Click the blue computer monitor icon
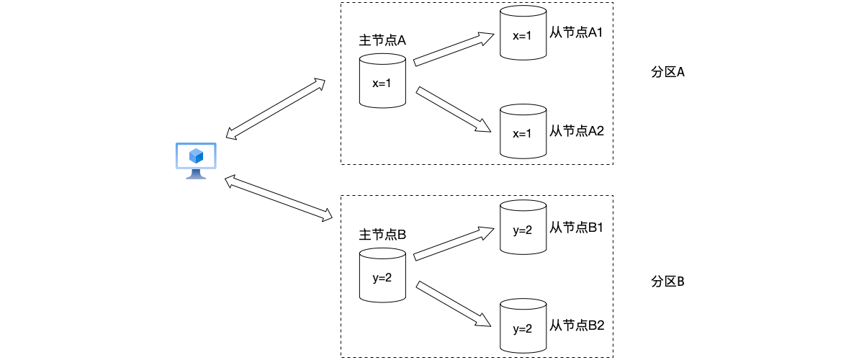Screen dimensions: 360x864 click(195, 160)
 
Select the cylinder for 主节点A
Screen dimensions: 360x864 click(382, 81)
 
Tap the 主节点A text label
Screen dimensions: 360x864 click(382, 40)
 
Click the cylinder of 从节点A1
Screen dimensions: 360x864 click(522, 34)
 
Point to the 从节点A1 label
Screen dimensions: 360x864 click(577, 34)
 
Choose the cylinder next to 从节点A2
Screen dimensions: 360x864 click(522, 131)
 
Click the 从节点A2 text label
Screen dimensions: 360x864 click(577, 131)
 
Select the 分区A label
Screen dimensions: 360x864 click(667, 73)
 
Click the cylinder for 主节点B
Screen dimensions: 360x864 click(382, 275)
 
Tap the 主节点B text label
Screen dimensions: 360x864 click(382, 235)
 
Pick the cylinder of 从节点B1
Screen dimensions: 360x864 click(522, 228)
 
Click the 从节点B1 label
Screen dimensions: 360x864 click(577, 228)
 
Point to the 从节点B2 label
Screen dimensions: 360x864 click(577, 325)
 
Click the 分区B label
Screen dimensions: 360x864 click(667, 281)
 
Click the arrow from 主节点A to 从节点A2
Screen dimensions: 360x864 click(454, 109)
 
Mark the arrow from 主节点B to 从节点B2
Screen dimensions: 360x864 click(454, 304)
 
